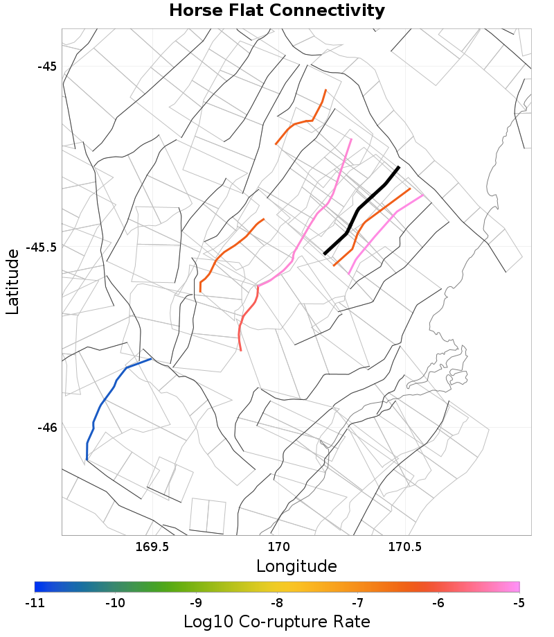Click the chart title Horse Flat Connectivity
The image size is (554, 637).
tap(277, 11)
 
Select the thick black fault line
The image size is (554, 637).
tap(359, 208)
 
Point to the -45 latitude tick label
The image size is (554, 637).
tap(46, 67)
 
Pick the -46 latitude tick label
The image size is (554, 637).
tap(46, 427)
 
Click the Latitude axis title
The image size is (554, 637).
tap(12, 282)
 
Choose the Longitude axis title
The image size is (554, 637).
tap(296, 566)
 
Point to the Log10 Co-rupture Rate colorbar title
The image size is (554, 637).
tap(277, 621)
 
